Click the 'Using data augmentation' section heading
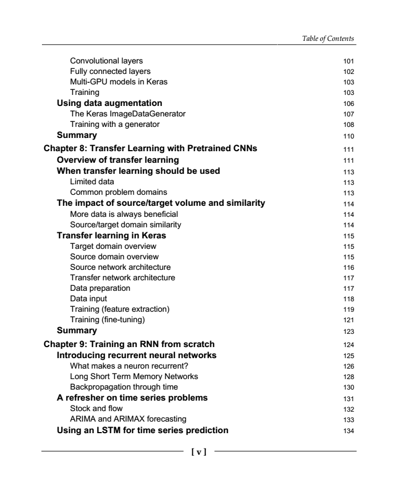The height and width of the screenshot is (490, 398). pos(110,103)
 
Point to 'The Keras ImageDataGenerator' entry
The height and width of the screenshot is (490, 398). pos(128,114)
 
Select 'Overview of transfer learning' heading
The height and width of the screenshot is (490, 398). pos(118,160)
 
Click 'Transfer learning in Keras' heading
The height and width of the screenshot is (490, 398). pos(112,235)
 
